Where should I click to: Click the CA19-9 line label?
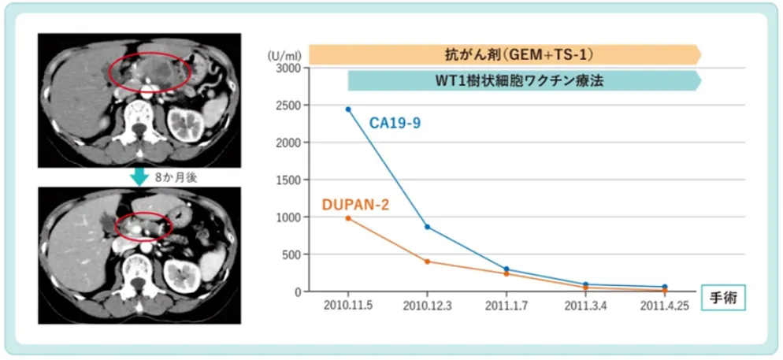(395, 123)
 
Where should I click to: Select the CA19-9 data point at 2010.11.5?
(348, 109)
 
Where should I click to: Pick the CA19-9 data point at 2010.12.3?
(427, 227)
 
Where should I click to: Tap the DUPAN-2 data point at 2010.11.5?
(348, 218)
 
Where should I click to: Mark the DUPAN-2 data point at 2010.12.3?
(427, 262)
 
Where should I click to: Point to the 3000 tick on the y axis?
(290, 68)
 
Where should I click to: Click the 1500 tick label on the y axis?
(290, 180)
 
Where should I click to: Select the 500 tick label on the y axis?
(292, 254)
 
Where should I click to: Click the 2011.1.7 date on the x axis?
(507, 306)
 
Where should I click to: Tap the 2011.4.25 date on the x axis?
(664, 306)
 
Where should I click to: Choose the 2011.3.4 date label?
(585, 306)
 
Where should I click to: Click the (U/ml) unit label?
(282, 56)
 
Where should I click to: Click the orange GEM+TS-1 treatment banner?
(504, 54)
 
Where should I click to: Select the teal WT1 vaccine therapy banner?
(524, 80)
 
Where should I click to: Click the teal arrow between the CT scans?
(139, 177)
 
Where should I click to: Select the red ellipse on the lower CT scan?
(143, 225)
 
